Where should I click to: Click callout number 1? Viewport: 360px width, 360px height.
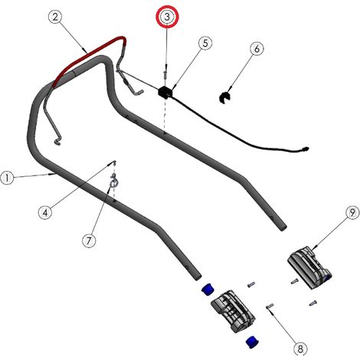pos(8,178)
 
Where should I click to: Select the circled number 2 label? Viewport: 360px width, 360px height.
pos(55,17)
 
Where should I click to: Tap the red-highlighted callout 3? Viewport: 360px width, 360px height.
pos(167,17)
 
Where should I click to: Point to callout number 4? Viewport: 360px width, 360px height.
pos(45,212)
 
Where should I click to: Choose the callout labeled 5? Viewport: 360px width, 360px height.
pos(205,43)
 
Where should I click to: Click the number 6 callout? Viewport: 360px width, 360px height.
pos(257,48)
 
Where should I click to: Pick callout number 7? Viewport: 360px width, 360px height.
pos(89,241)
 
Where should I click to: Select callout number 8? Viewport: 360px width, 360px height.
pos(300,348)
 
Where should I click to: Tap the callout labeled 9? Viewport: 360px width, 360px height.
pos(352,213)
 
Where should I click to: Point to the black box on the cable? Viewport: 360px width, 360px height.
pos(165,92)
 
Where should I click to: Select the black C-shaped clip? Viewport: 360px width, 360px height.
pos(224,98)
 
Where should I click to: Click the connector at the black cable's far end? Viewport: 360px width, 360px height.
pos(305,149)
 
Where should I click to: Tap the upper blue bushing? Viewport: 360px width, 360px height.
pos(208,289)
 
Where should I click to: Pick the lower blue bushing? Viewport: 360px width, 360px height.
pos(252,342)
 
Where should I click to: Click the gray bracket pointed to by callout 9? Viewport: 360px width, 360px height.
pos(309,267)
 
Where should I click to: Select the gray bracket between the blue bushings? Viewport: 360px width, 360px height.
pos(233,311)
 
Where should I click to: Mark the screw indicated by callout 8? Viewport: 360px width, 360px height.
pos(270,306)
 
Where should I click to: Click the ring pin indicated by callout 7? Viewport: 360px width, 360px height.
pos(113,180)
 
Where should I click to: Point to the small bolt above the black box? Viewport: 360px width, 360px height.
pos(165,76)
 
